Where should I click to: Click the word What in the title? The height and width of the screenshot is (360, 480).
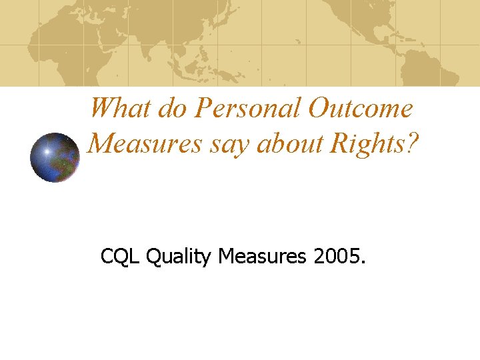[x=120, y=108]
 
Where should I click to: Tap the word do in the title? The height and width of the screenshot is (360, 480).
[x=171, y=108]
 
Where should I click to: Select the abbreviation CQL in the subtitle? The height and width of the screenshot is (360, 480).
[x=120, y=255]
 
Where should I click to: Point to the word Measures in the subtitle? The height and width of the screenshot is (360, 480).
[x=260, y=255]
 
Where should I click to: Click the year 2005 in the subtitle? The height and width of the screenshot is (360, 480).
[x=337, y=255]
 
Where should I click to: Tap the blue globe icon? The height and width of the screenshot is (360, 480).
[x=55, y=157]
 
